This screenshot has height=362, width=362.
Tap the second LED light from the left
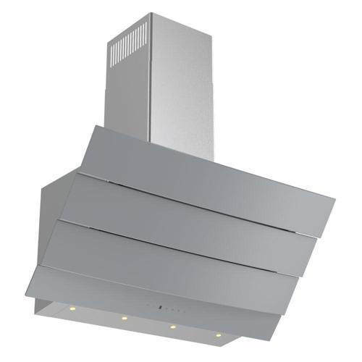[x=125, y=317]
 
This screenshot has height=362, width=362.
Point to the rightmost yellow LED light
[x=216, y=335]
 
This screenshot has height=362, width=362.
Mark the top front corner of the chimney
[x=151, y=13]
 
